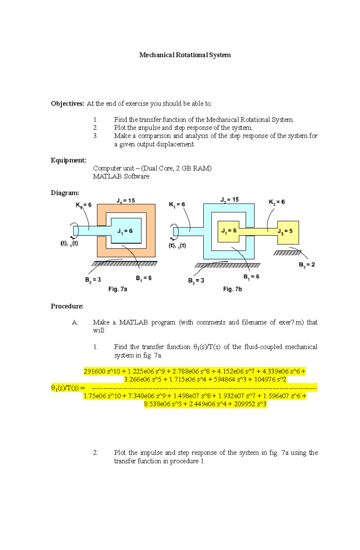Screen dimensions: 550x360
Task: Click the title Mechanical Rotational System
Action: coord(185,55)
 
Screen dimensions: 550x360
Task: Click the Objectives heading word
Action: coord(67,104)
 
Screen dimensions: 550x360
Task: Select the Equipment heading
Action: coord(68,160)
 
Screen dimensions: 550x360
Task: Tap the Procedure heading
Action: coord(67,306)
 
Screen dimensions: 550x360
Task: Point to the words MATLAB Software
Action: coord(121,176)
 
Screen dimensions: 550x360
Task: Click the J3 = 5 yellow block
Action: coord(288,232)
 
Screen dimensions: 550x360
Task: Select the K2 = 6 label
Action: coord(277,202)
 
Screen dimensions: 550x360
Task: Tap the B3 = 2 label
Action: coord(307,265)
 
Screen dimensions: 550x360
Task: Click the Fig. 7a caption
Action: coord(118,289)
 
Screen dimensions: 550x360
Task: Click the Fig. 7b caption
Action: coord(232,289)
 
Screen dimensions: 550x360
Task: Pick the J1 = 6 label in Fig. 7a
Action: coord(125,231)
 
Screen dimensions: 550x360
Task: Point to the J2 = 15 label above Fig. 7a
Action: coord(125,201)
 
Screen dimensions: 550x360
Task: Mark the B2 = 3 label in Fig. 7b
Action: coord(196,281)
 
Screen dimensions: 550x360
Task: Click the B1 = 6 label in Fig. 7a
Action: coord(144,278)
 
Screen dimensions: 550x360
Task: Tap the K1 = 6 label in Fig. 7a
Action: coord(83,205)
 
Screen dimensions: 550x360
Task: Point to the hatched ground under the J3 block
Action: coord(287,253)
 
